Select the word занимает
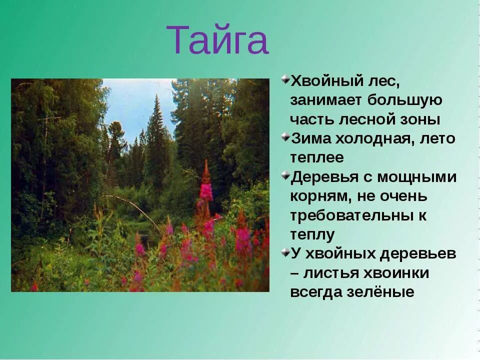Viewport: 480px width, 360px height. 326,100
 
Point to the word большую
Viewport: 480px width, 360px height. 405,100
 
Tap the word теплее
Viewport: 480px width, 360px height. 317,158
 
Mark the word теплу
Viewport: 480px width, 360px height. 312,235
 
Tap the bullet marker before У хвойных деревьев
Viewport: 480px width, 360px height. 285,252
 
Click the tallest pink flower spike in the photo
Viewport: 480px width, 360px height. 206,185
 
